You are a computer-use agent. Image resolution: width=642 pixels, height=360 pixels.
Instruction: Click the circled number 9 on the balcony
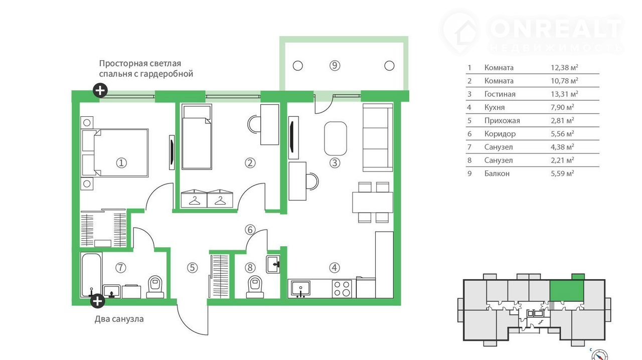[x=335, y=66]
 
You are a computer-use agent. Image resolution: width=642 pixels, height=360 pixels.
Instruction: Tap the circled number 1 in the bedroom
[x=121, y=163]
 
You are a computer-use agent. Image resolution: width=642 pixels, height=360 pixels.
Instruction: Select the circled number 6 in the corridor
[x=250, y=230]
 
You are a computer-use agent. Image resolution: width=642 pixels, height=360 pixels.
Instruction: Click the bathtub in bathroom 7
[x=91, y=275]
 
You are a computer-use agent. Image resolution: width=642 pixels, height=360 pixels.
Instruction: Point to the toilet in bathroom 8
[x=255, y=287]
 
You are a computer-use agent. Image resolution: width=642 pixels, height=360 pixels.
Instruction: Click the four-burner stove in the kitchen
[x=342, y=289]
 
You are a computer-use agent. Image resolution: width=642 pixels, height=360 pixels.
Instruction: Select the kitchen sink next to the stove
[x=300, y=288]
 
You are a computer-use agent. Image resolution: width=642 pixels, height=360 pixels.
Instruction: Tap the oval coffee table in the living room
[x=336, y=138]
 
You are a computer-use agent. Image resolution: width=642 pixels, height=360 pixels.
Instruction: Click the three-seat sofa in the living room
[x=378, y=137]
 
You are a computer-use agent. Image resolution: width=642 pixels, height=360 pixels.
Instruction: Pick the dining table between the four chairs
[x=373, y=202]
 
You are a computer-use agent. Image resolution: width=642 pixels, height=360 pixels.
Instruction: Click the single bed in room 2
[x=197, y=136]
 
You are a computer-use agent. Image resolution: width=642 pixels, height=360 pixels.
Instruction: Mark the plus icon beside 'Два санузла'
[x=97, y=301]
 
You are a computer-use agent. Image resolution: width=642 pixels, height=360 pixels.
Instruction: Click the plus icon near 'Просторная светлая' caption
[x=100, y=91]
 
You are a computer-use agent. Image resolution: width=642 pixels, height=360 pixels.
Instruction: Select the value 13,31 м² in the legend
[x=564, y=94]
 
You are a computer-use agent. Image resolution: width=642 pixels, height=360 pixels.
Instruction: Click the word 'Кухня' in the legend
[x=495, y=107]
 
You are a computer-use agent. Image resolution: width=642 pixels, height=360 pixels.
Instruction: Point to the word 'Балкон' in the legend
[x=497, y=173]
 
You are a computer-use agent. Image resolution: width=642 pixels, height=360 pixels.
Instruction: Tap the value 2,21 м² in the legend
[x=562, y=160]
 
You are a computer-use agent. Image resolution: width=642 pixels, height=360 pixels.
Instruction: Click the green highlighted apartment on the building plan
[x=567, y=291]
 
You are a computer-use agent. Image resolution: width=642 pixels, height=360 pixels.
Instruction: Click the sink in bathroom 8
[x=273, y=264]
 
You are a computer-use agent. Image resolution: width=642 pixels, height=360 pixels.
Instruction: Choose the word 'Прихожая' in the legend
[x=502, y=121]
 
